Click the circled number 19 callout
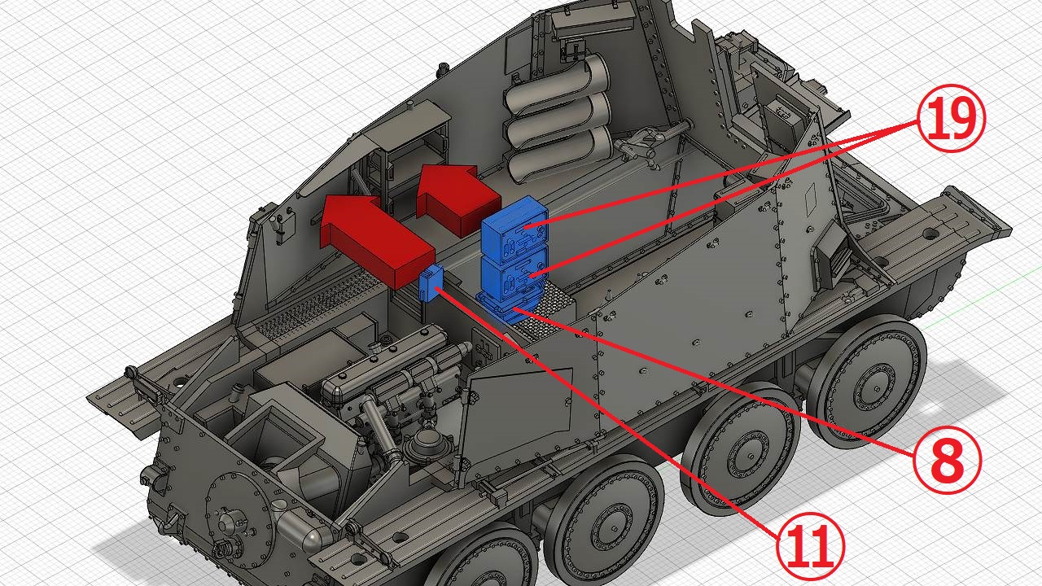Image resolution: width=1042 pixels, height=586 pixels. click(952, 118)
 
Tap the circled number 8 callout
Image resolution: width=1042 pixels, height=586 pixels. click(948, 460)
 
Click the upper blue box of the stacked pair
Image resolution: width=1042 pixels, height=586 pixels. click(514, 230)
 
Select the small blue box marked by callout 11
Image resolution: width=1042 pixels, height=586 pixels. click(431, 282)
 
